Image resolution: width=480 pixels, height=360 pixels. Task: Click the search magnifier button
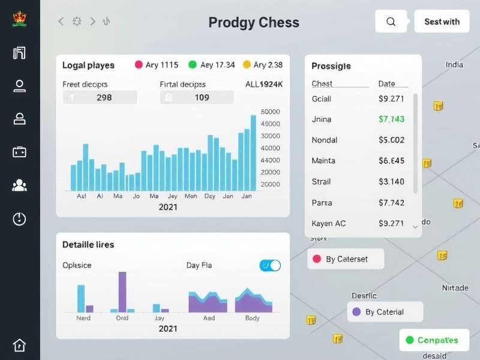(391, 22)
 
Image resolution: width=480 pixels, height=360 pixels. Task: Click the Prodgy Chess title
(254, 23)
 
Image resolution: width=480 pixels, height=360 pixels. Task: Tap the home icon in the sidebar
(19, 345)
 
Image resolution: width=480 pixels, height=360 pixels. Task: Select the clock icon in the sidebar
(19, 219)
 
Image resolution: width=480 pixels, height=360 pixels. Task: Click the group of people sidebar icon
(19, 185)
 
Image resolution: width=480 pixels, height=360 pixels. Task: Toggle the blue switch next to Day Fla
(270, 265)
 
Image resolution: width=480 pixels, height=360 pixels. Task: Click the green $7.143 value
(391, 119)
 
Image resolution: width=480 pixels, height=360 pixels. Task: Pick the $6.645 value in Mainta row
(391, 161)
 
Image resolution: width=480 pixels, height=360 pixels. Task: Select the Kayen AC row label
(329, 223)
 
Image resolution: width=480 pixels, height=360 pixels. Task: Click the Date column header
(386, 83)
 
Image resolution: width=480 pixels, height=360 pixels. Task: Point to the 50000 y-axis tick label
(271, 112)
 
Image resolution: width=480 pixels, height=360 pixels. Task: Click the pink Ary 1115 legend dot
(139, 65)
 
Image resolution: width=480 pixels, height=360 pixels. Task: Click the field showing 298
(100, 97)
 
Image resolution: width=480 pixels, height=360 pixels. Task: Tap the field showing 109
(197, 97)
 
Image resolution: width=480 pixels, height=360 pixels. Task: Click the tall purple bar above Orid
(122, 292)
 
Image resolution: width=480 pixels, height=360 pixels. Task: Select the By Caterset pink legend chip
(345, 259)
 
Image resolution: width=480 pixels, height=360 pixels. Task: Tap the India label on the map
(454, 65)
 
